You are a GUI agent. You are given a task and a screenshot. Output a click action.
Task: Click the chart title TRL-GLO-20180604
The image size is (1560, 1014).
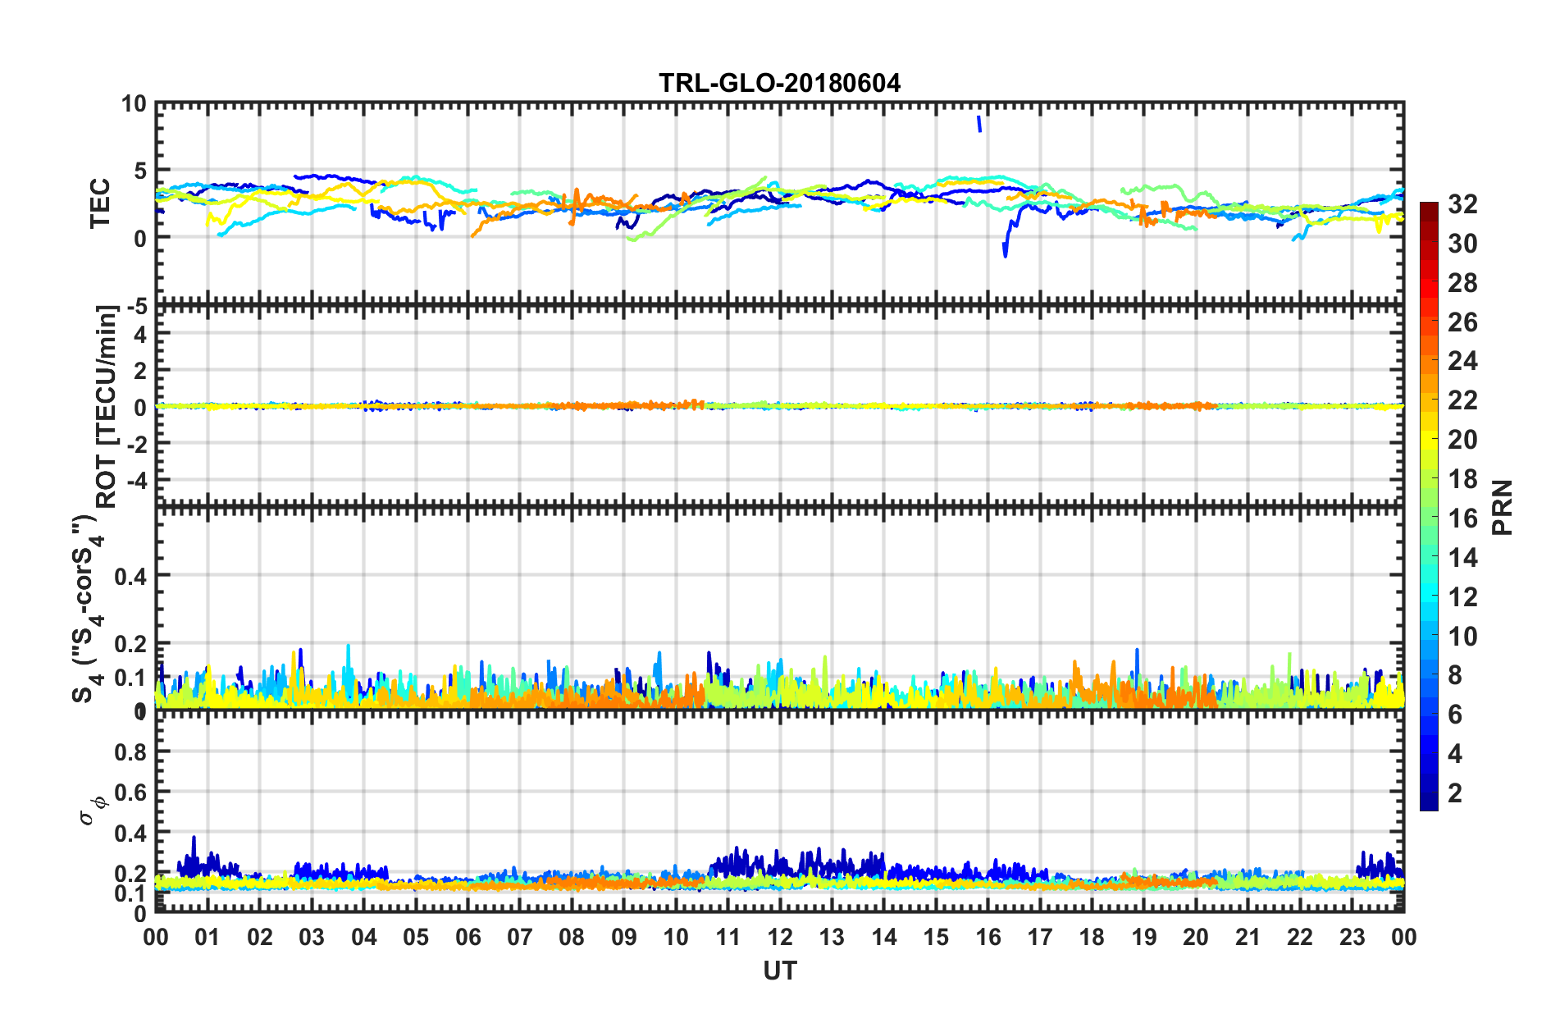click(x=779, y=83)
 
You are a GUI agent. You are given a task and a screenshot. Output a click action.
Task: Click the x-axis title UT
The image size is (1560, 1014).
click(x=779, y=971)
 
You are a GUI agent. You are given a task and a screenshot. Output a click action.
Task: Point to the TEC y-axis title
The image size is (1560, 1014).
click(x=100, y=203)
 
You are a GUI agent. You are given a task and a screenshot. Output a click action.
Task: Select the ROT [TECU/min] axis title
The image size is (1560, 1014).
click(x=107, y=406)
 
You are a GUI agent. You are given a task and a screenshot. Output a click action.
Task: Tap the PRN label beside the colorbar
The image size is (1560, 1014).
click(x=1503, y=507)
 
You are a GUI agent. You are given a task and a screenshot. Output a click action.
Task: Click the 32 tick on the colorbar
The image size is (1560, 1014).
click(x=1462, y=204)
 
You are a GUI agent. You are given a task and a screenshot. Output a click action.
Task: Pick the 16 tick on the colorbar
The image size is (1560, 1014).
click(x=1462, y=518)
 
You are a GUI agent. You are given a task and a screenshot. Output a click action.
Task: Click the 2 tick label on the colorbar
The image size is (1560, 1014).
click(x=1455, y=793)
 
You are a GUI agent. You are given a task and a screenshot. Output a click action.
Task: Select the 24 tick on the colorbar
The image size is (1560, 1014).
click(x=1462, y=361)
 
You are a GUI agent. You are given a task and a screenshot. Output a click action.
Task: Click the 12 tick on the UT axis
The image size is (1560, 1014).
click(x=780, y=937)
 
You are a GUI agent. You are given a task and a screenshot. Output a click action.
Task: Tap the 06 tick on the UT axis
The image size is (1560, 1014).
click(x=468, y=937)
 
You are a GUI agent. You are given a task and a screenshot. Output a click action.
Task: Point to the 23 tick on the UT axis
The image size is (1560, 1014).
click(x=1352, y=937)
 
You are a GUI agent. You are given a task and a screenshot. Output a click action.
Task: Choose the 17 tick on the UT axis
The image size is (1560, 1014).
click(x=1040, y=937)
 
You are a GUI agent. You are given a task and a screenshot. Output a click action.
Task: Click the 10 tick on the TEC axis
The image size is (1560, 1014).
click(x=134, y=104)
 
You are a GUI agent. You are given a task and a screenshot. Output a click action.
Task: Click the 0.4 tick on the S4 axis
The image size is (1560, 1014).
click(x=130, y=576)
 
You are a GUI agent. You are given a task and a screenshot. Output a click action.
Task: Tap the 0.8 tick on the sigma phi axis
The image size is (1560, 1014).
click(x=130, y=752)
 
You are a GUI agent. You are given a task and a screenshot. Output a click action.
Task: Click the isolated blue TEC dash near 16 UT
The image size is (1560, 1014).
click(x=978, y=123)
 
